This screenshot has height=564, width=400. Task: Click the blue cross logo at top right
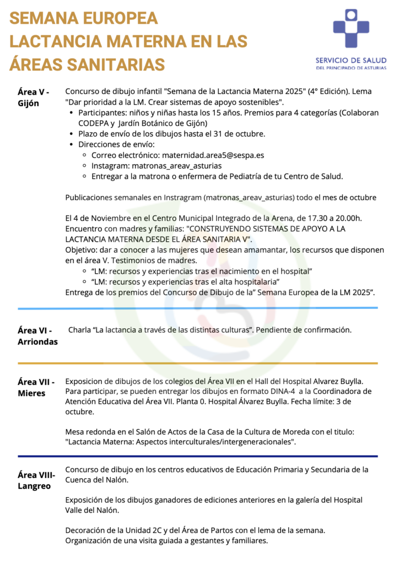pos(352,29)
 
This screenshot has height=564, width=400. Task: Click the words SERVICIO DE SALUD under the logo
pos(351,60)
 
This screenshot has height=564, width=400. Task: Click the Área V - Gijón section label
pos(33,97)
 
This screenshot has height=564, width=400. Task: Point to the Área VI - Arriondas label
pos(37,335)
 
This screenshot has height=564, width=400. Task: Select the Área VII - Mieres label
pos(36,387)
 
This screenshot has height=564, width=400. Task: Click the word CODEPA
pos(82,123)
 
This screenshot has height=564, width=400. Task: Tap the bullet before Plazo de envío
pos(73,134)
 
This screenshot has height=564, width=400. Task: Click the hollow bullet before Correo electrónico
pos(84,155)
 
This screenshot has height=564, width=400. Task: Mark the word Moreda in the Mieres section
pos(298,431)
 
